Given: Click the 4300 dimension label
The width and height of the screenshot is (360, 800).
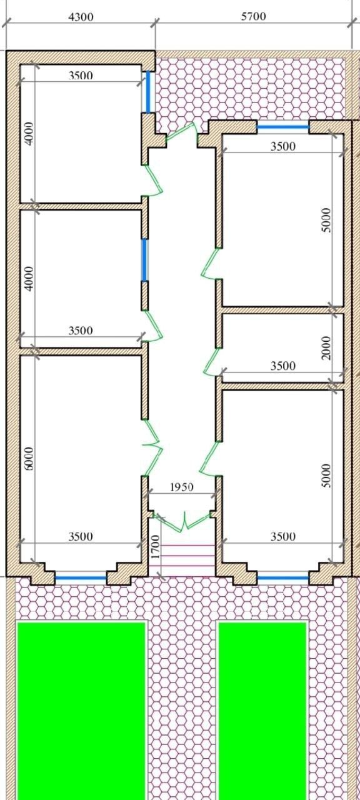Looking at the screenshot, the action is pos(81,17).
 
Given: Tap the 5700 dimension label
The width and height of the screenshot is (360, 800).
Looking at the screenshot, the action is pos(253,16).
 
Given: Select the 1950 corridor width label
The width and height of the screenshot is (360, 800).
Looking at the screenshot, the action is pos(181,487).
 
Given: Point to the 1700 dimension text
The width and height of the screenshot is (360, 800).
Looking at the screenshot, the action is pos(154,547).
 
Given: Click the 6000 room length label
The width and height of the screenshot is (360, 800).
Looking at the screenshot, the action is pos(29,459).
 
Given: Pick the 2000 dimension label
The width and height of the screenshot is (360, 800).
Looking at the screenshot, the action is pos(326,348).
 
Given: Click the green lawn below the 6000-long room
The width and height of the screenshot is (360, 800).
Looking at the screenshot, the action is pos(81,711).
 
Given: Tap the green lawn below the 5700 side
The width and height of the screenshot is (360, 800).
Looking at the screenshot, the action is pos(262,711).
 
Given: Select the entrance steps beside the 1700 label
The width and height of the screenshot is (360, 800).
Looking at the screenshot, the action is pos(182,560).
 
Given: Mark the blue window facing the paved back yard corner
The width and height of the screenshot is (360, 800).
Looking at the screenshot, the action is pos(148,92).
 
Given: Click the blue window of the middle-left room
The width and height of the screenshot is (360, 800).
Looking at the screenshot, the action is pos(144,260).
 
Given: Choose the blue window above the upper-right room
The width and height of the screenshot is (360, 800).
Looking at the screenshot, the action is pos(283,127).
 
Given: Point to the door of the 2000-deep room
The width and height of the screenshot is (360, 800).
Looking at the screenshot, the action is pos(211,361).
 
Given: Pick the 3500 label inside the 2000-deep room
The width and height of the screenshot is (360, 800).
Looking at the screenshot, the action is pos(283,366).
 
